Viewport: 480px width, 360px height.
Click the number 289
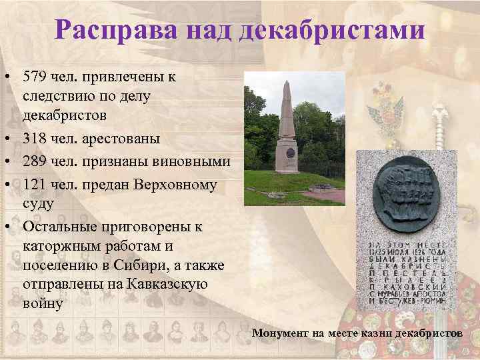[35, 161]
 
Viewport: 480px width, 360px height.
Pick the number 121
[35, 183]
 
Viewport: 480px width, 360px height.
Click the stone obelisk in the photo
[287, 133]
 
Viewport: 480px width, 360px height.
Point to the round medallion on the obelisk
[290, 153]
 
